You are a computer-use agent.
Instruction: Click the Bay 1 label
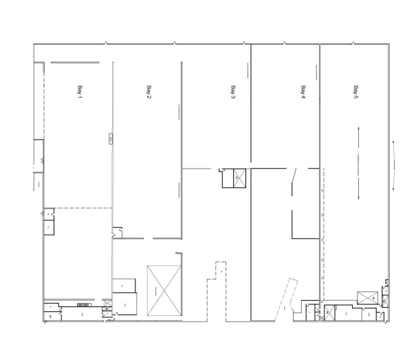(x=80, y=91)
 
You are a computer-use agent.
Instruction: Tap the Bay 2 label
(x=149, y=92)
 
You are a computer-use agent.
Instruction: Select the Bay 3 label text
(x=233, y=92)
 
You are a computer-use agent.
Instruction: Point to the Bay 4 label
(x=303, y=92)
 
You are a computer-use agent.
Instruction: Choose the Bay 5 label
(x=355, y=92)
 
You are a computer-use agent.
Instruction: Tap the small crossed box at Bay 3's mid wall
(x=240, y=178)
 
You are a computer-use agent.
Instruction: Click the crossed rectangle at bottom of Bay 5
(x=366, y=298)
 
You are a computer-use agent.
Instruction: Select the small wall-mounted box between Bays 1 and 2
(x=110, y=140)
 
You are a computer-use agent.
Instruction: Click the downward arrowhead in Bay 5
(x=359, y=198)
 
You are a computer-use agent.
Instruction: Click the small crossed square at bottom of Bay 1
(x=107, y=303)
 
